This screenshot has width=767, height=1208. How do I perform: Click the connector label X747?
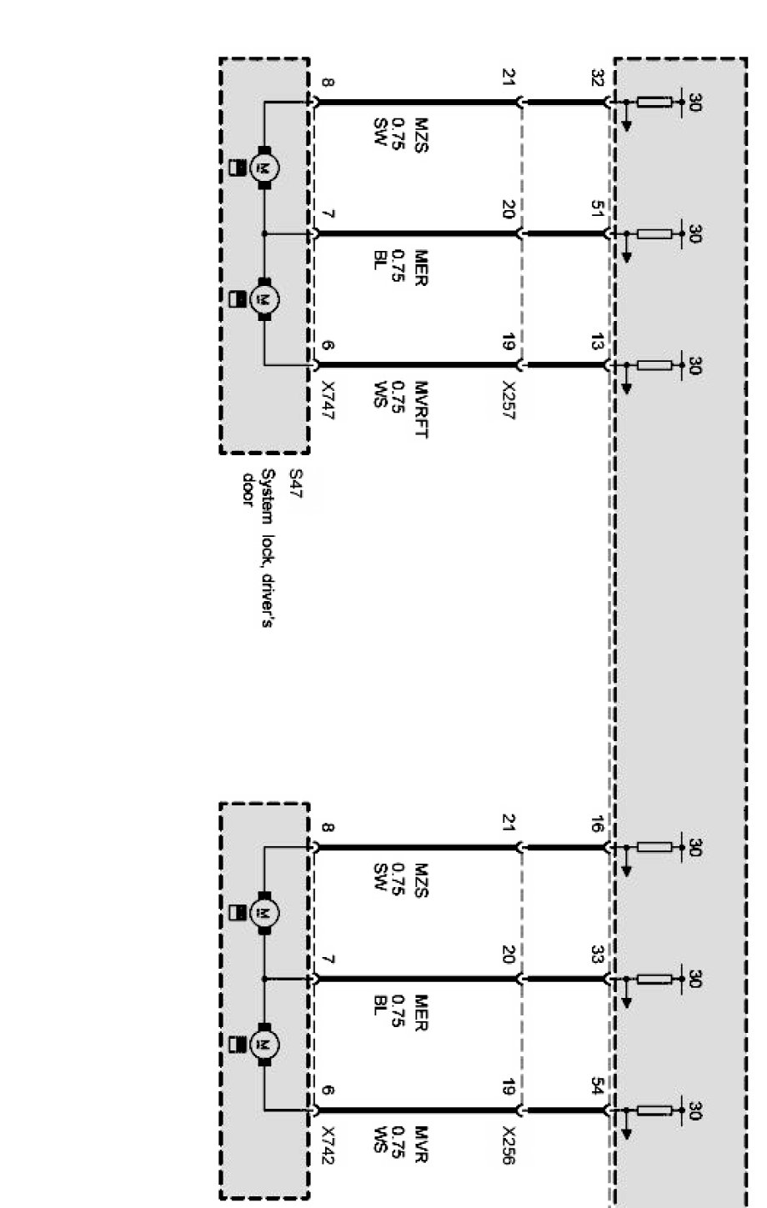click(x=327, y=401)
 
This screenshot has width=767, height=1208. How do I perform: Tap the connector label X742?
click(x=327, y=1146)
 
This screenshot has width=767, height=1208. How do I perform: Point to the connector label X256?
click(x=509, y=1146)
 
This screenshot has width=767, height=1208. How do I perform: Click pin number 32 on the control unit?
click(x=596, y=78)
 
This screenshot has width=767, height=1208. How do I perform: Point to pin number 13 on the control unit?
click(x=596, y=342)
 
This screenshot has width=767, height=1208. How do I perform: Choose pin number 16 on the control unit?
click(x=596, y=825)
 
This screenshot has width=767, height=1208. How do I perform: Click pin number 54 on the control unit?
click(x=596, y=1087)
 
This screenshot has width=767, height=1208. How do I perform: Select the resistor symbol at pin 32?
click(x=654, y=103)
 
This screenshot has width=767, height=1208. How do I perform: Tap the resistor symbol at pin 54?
click(x=654, y=1110)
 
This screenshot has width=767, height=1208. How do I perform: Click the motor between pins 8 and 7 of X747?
click(x=265, y=168)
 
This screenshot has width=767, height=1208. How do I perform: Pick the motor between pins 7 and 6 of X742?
click(x=265, y=1045)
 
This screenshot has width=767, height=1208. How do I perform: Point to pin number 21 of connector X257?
click(x=509, y=78)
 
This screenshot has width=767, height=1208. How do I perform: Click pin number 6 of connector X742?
click(x=327, y=1089)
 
